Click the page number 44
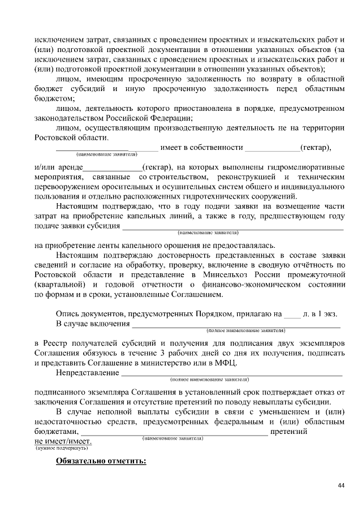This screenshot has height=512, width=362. point(341,485)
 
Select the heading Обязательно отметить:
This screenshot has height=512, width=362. point(101,461)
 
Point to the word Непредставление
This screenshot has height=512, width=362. point(87,373)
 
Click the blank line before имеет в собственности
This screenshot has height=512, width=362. point(106,148)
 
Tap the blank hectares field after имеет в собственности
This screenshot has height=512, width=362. point(271,148)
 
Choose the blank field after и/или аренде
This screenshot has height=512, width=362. point(113,168)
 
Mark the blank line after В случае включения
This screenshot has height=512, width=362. point(236,324)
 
